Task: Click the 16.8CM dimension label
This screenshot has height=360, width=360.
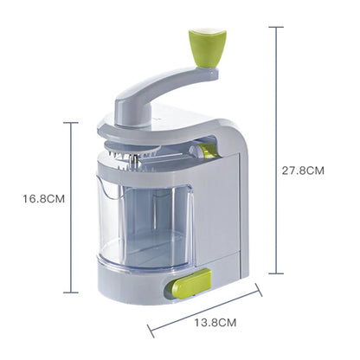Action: coord(44,198)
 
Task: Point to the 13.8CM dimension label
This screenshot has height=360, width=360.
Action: coord(214,322)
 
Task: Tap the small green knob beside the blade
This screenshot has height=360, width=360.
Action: coord(208,151)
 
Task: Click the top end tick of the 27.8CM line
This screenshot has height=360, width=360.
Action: coord(277,27)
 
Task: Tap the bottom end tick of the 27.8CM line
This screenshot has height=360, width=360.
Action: coord(277,274)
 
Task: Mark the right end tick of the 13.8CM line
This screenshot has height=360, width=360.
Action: coord(259,290)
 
